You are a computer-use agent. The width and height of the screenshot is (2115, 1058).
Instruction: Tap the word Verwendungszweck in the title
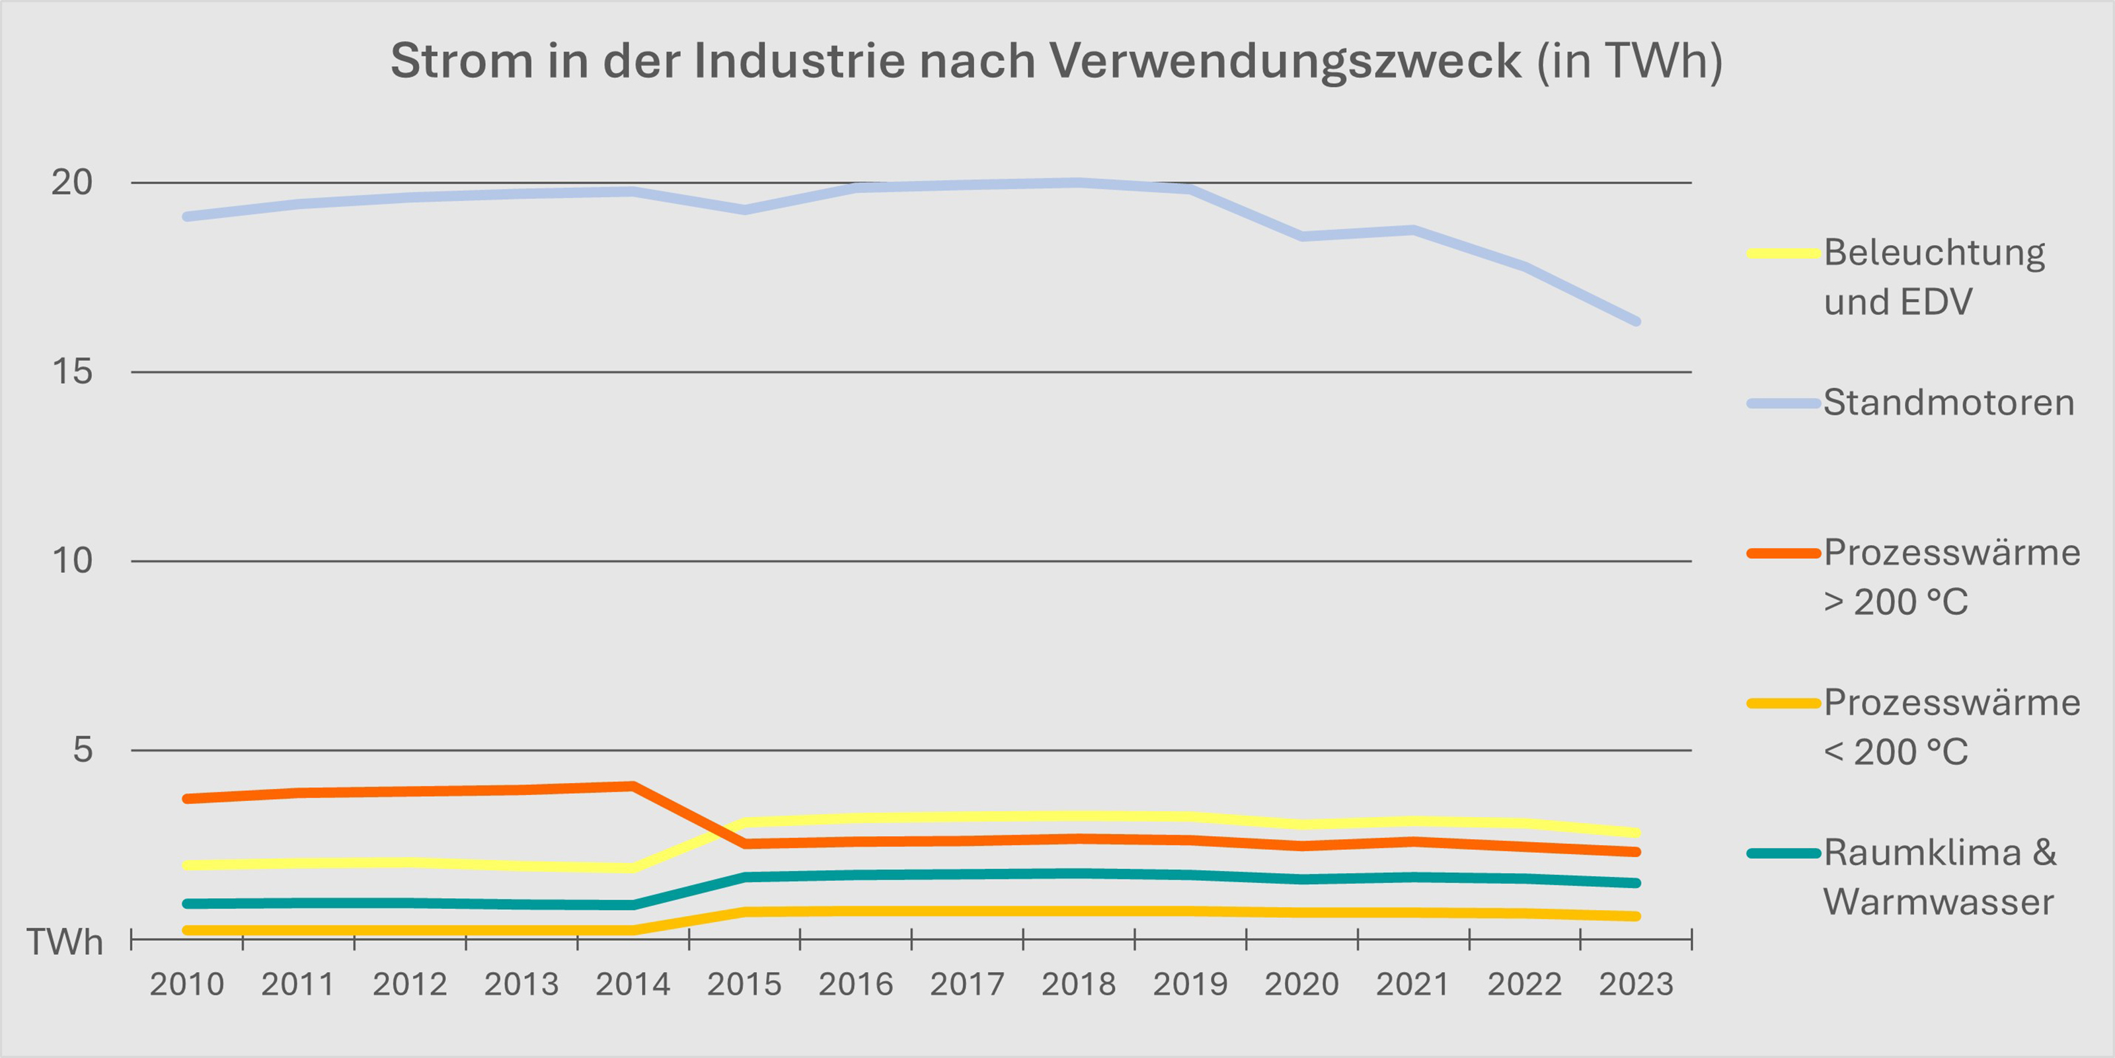(1285, 61)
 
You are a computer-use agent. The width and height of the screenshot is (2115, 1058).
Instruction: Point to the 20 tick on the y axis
(71, 182)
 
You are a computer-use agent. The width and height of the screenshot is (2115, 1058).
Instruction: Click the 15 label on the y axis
(71, 372)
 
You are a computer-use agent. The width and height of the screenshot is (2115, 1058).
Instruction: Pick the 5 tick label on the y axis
(82, 749)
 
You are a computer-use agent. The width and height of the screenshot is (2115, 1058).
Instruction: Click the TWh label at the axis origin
(64, 942)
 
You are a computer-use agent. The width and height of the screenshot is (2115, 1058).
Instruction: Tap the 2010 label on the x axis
(186, 984)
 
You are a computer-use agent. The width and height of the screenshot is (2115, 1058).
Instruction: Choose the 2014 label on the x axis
(633, 984)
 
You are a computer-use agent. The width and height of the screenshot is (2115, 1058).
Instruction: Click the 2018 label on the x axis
(1078, 984)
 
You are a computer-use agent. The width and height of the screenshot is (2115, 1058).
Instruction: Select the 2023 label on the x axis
(1636, 984)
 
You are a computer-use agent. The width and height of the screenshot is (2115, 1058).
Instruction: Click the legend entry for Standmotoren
(1948, 403)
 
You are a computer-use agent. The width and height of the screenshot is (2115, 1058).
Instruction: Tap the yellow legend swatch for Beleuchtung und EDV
(1783, 254)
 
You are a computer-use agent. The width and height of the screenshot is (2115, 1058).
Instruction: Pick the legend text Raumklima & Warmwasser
(1939, 878)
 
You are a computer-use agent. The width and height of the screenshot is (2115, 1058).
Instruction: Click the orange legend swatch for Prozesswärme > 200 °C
(1783, 553)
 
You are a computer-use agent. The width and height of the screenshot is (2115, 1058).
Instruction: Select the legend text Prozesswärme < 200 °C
(1952, 727)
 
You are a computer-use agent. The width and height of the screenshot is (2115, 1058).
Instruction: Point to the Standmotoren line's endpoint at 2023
(1636, 321)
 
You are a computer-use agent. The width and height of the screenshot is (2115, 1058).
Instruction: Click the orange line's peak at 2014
(633, 786)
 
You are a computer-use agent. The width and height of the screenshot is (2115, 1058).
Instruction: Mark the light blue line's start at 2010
(187, 217)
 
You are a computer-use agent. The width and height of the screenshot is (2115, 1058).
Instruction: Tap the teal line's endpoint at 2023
(1636, 883)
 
